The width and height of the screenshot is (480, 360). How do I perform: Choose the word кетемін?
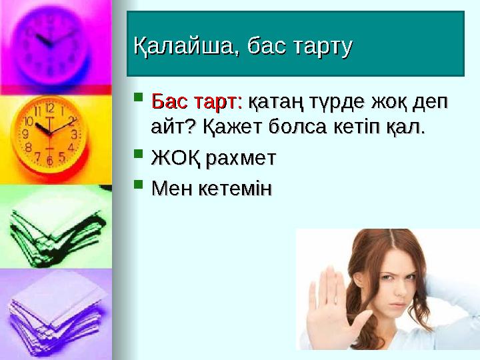point(235,189)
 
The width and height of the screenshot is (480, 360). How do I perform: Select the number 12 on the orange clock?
point(49,107)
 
